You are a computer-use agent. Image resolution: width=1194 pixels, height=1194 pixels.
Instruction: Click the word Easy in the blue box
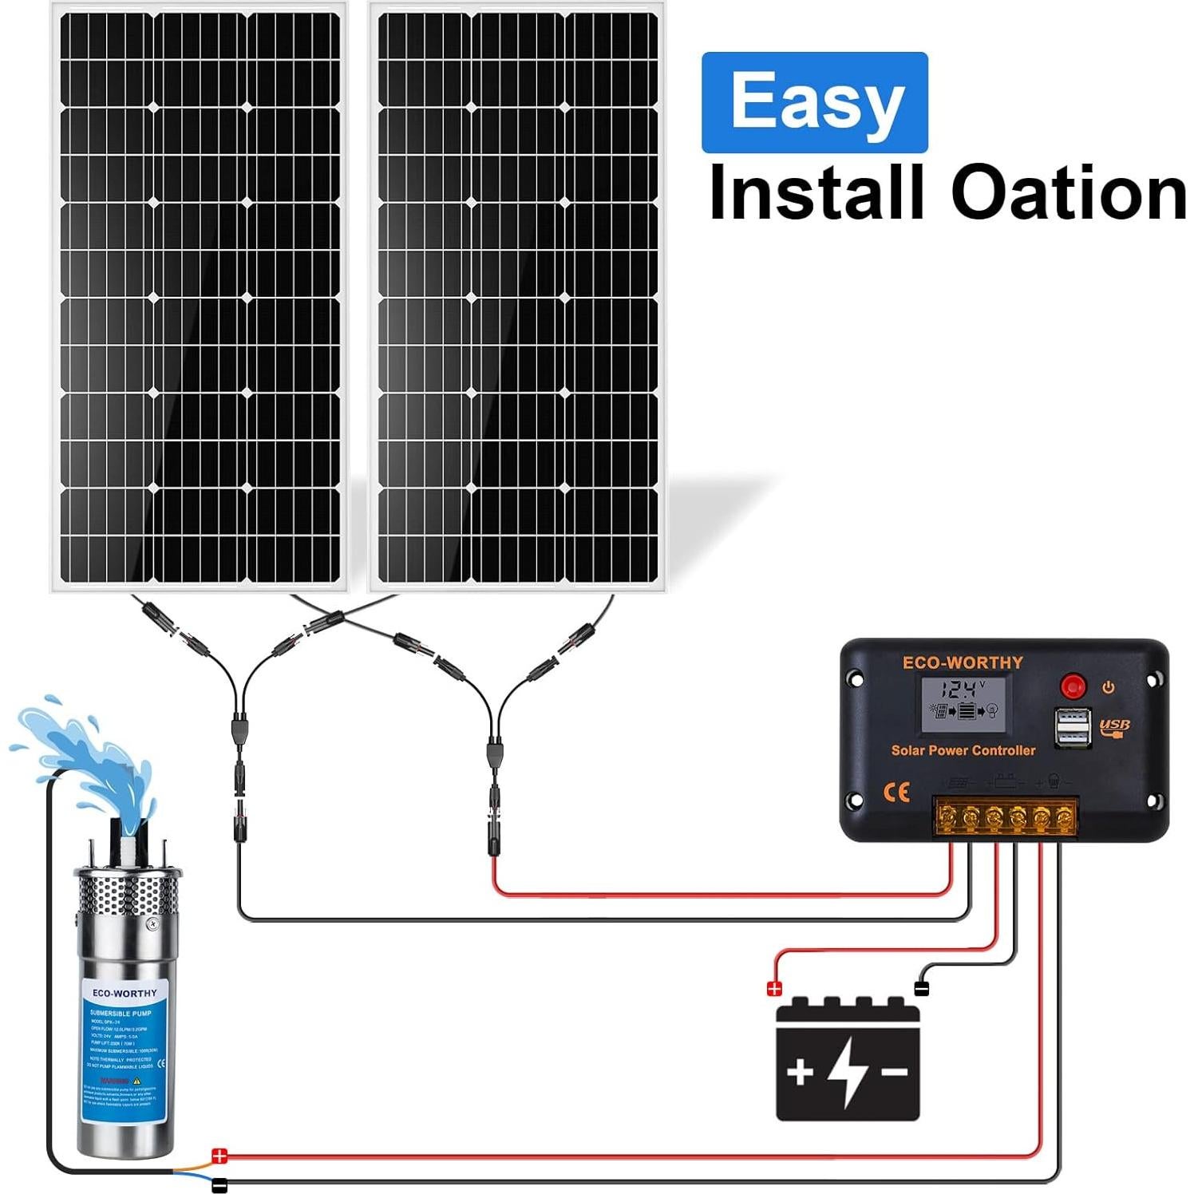(x=815, y=101)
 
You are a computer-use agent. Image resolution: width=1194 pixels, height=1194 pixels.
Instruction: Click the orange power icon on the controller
(x=1108, y=686)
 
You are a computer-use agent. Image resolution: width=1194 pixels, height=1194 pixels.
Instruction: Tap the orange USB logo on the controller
(x=1114, y=726)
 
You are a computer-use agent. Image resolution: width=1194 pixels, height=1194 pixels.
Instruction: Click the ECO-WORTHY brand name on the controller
(x=962, y=662)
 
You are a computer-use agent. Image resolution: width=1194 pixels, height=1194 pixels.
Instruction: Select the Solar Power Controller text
(x=963, y=750)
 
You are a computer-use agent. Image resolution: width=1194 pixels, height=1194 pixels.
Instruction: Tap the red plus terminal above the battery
(x=773, y=989)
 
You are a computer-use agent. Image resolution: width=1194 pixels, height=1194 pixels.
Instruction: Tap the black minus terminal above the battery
(x=922, y=989)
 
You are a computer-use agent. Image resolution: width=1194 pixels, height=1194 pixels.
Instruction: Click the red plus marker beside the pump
(x=219, y=1156)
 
